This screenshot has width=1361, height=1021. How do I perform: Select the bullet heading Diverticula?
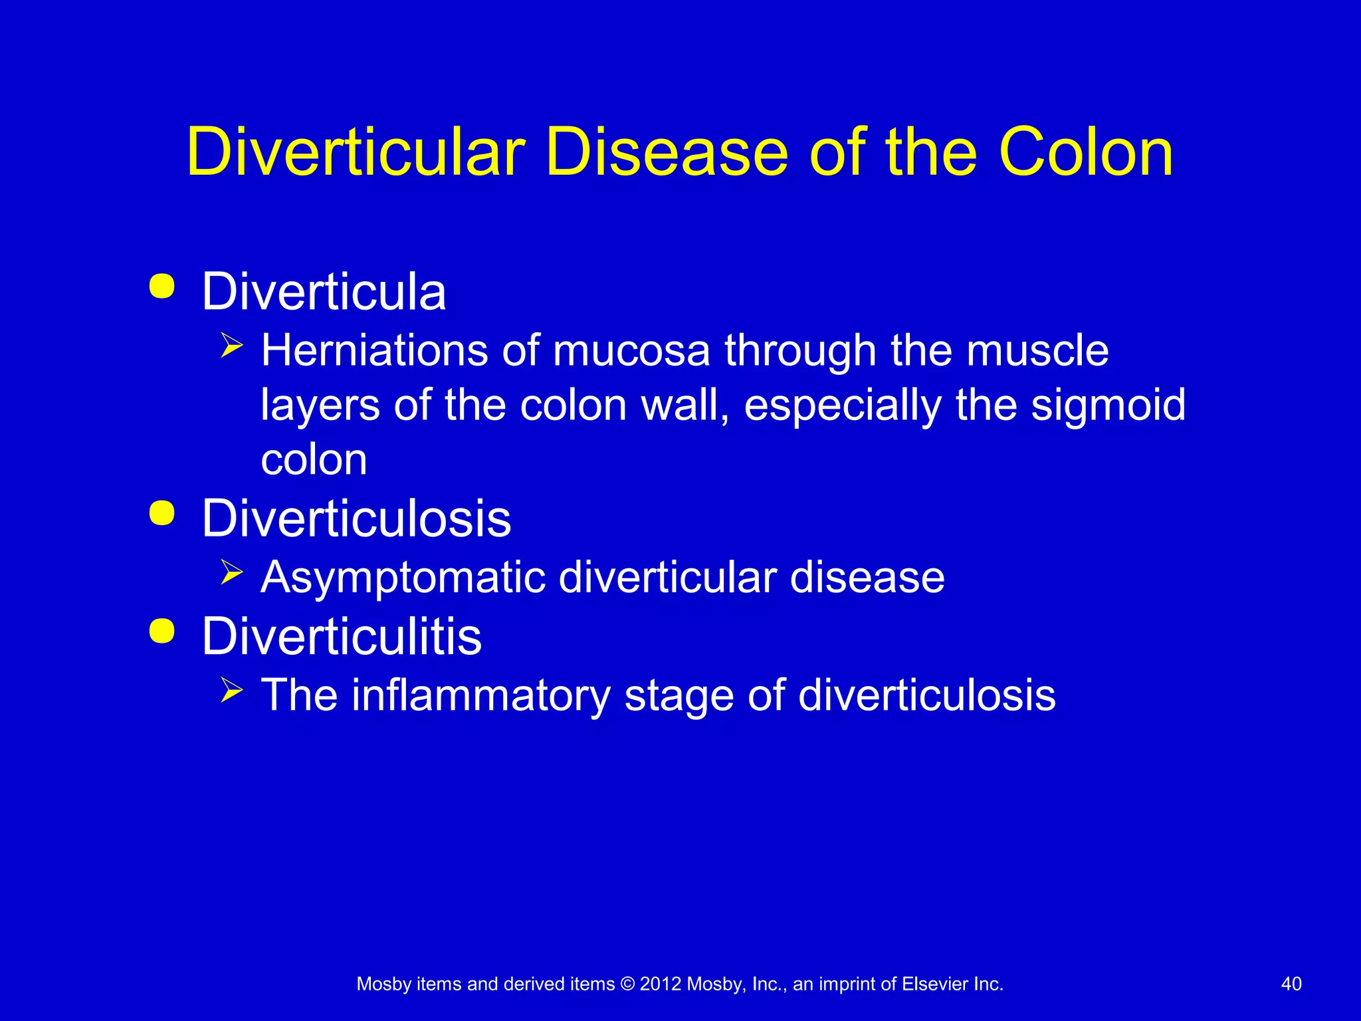[324, 292]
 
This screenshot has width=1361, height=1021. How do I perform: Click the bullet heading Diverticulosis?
[356, 518]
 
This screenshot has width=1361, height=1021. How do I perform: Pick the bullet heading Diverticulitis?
[342, 636]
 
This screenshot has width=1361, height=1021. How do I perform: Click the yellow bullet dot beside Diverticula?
[162, 286]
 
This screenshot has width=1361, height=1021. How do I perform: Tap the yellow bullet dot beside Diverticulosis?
[162, 513]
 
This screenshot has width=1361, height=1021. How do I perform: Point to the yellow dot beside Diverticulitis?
[162, 631]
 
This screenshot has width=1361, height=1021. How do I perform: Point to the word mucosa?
[631, 350]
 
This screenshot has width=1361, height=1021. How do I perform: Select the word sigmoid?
[1108, 405]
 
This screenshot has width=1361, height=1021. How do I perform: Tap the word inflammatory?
[480, 695]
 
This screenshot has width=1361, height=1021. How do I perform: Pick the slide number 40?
[1291, 984]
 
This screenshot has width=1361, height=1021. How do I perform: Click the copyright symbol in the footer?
[627, 984]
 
